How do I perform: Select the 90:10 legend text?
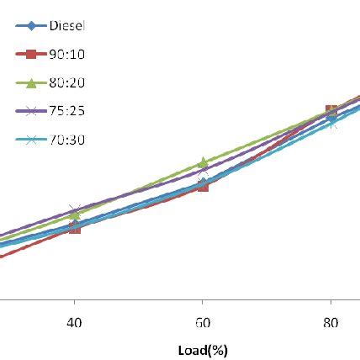coord(68,55)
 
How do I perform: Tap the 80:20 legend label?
coord(68,82)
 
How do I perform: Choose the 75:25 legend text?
coord(68,111)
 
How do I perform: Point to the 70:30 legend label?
coord(68,140)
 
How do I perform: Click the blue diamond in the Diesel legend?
coord(32,26)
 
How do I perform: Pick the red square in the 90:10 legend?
coord(32,55)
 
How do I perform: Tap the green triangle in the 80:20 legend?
coord(32,83)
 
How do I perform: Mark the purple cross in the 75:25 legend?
coord(32,111)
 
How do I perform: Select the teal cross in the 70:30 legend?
coord(32,140)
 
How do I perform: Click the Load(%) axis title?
coord(203,350)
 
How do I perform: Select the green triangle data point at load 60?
coord(203,162)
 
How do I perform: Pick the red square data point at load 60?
coord(203,187)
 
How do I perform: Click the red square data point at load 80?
coord(331,110)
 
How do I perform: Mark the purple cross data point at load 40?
coord(75,209)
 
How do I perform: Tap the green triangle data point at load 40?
coord(75,215)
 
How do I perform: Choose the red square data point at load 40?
coord(75,227)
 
